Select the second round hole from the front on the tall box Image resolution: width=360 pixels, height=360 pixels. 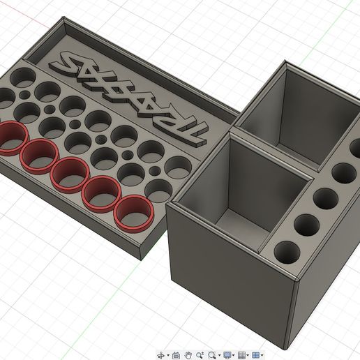(x=306, y=225)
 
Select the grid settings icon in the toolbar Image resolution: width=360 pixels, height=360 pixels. (x=242, y=355)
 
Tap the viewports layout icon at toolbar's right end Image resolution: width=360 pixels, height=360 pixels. (x=257, y=355)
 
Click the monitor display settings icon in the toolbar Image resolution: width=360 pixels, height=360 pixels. (x=227, y=355)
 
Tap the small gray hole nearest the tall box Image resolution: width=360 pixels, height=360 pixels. (x=154, y=171)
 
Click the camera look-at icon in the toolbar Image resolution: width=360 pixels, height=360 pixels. (x=176, y=355)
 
